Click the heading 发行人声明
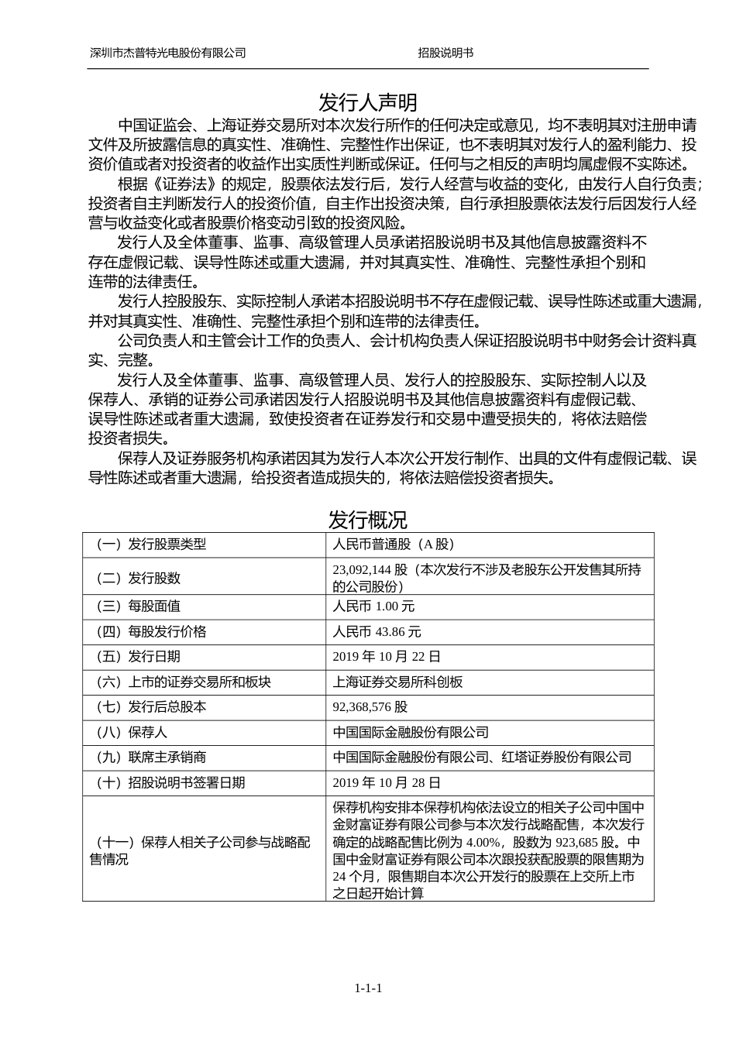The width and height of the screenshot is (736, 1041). (x=367, y=102)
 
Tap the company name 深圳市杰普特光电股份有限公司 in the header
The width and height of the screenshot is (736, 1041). (x=168, y=53)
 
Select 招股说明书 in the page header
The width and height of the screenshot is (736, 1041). (x=445, y=53)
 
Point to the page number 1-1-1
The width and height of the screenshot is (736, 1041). (x=368, y=988)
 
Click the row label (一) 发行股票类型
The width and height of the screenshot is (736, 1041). (x=151, y=545)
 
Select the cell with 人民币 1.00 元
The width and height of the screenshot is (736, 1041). (x=373, y=606)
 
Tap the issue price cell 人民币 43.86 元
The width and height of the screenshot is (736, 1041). (x=377, y=632)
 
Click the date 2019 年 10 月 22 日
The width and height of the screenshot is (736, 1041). (x=387, y=657)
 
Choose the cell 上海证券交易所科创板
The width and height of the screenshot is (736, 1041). (x=397, y=682)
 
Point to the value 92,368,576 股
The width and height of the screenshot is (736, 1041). (x=370, y=707)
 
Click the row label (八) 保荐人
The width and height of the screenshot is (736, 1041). (x=132, y=733)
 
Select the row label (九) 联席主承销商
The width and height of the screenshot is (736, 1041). (x=151, y=758)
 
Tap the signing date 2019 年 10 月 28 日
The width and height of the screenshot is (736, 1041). (x=387, y=783)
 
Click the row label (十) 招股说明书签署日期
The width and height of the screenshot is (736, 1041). (x=170, y=783)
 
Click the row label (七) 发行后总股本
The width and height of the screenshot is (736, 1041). (x=151, y=707)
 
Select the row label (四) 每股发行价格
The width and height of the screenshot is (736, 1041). (x=151, y=632)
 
